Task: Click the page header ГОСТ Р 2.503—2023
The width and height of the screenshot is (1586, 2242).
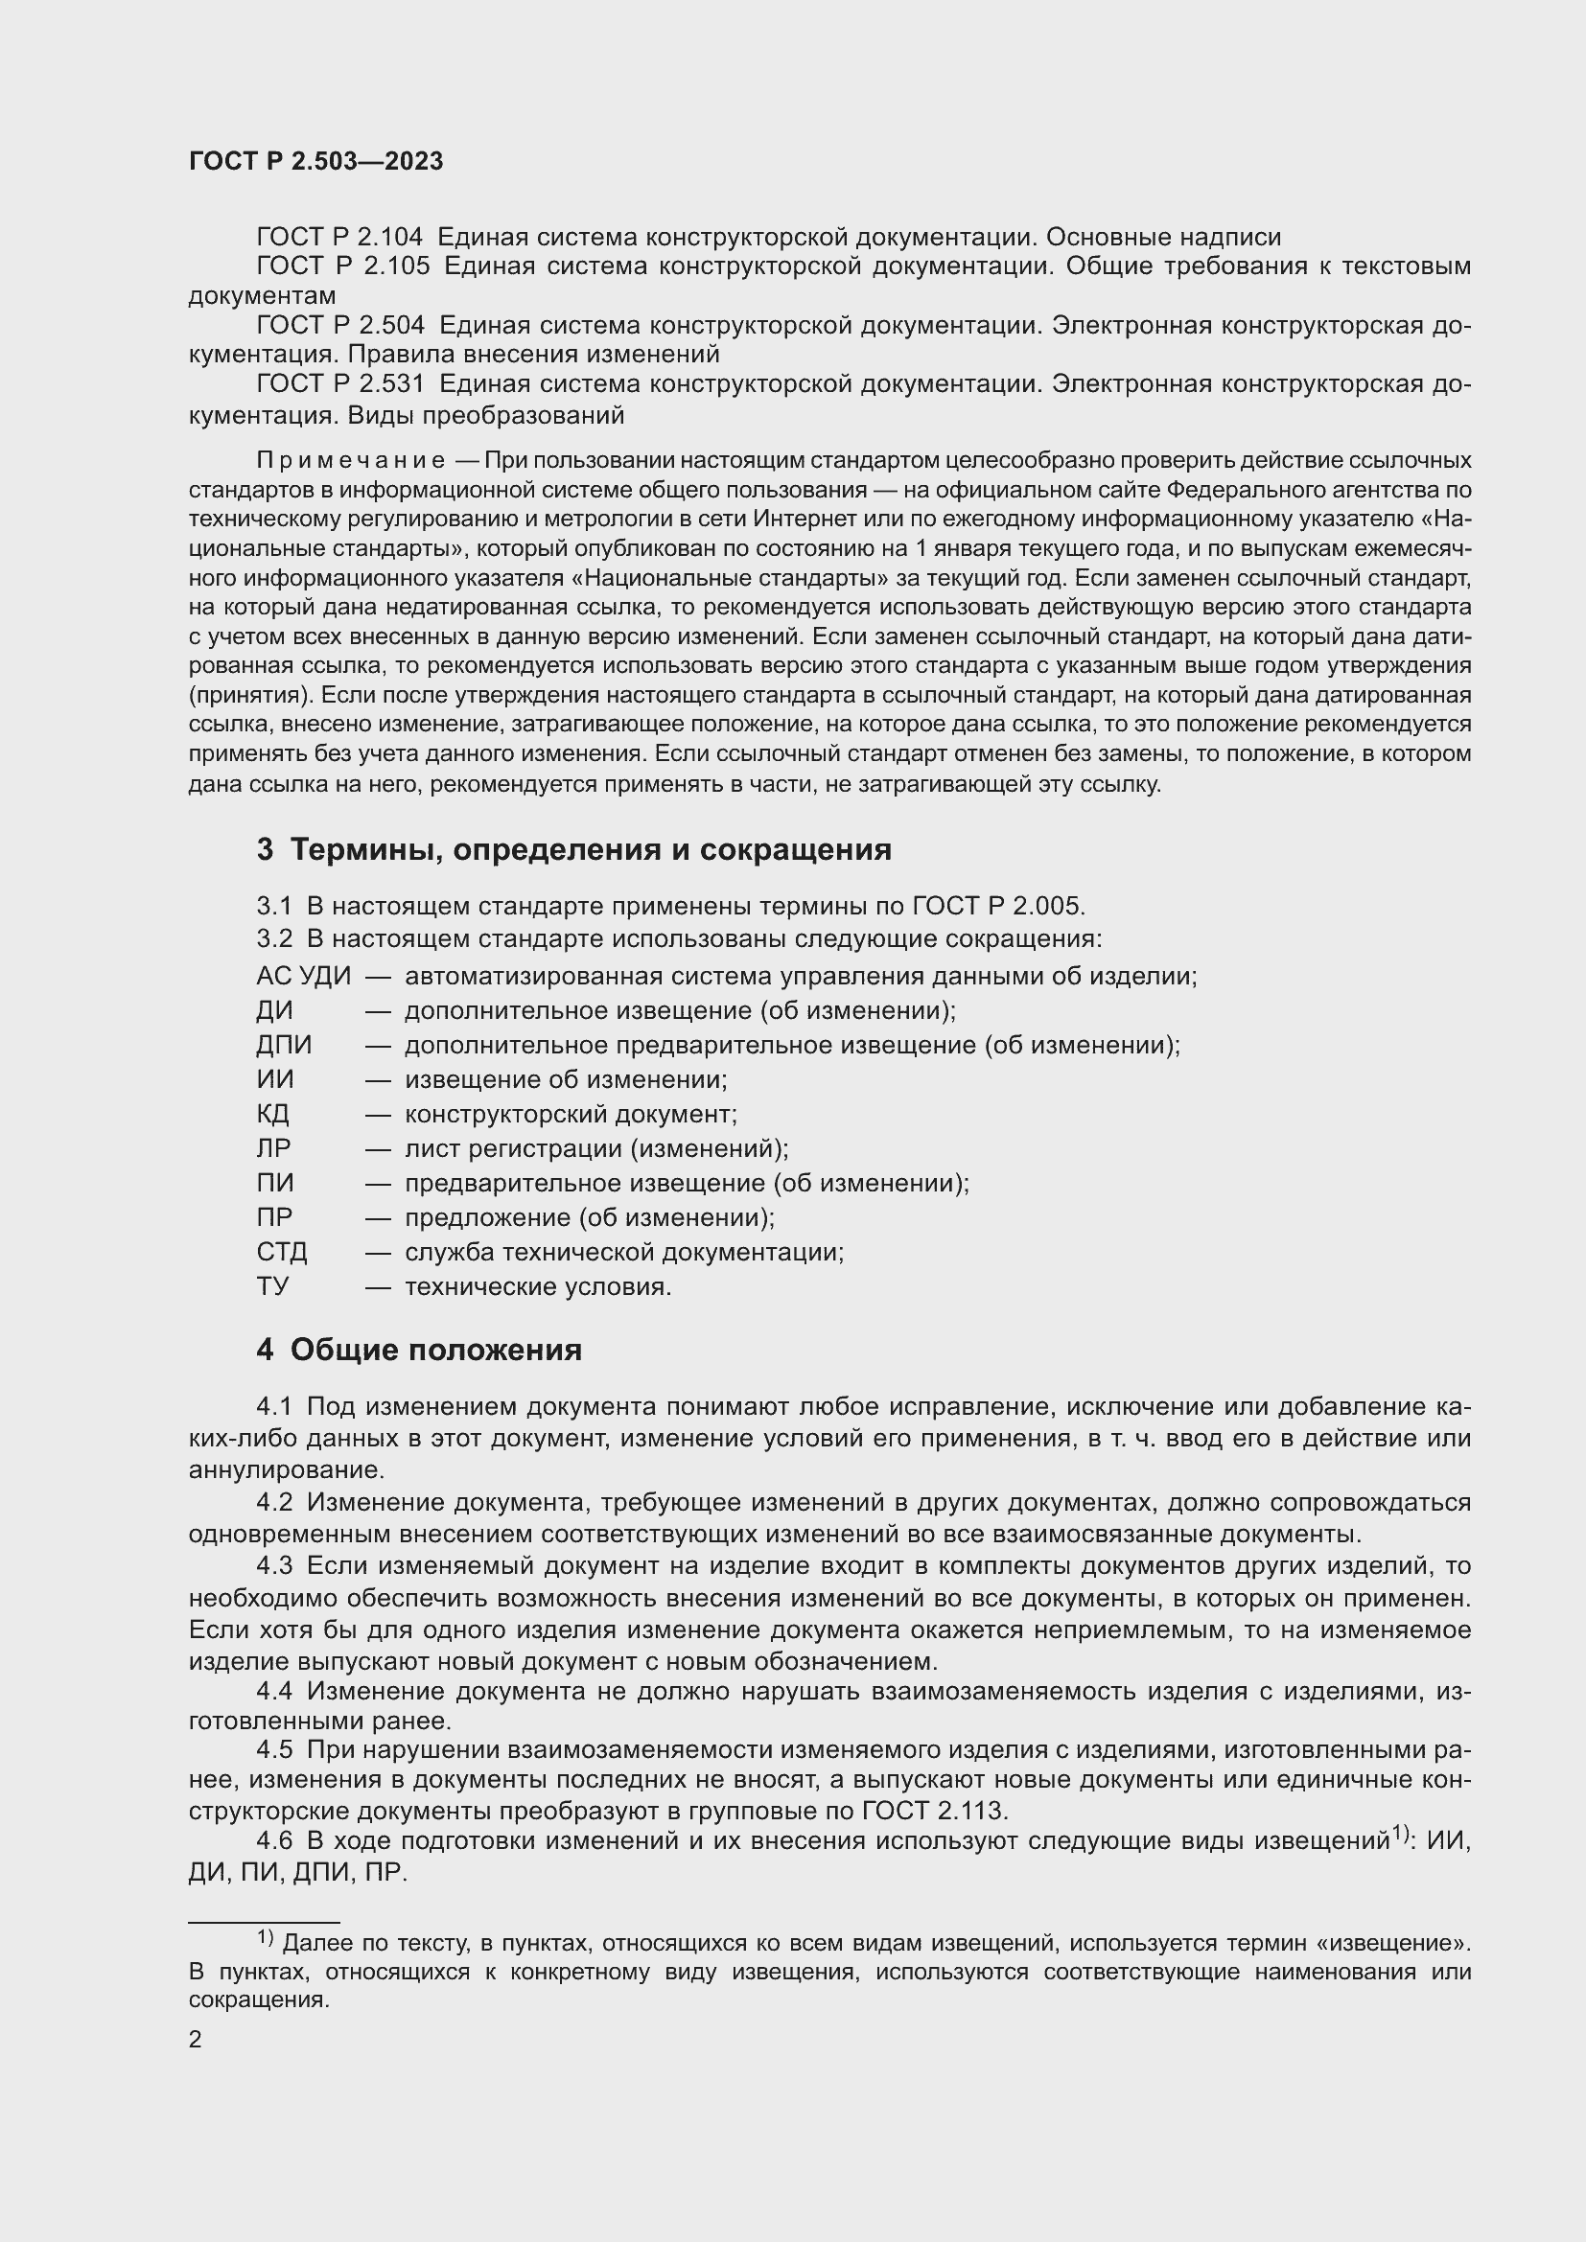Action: tap(315, 162)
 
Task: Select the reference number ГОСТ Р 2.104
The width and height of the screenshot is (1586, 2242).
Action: tap(338, 238)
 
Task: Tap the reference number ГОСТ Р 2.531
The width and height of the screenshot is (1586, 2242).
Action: tap(338, 384)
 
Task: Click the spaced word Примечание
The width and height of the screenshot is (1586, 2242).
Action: tap(351, 460)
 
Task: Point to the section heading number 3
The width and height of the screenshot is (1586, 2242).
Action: tap(265, 849)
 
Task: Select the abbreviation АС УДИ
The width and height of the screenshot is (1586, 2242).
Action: tap(303, 977)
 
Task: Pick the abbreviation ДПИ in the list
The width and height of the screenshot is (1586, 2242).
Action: tap(283, 1045)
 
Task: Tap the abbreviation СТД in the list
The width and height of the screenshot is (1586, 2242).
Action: tap(281, 1252)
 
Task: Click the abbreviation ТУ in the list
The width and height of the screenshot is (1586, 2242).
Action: tap(272, 1286)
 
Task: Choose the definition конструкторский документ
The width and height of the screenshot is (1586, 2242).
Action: tap(571, 1114)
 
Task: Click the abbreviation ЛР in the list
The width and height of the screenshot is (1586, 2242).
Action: tap(273, 1148)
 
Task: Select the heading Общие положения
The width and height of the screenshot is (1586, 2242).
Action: tap(435, 1351)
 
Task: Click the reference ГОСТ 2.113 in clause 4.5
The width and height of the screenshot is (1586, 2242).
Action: tap(934, 1812)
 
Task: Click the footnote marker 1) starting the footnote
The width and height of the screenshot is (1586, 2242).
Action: tap(266, 1936)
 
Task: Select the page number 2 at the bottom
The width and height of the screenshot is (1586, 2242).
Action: tap(196, 2040)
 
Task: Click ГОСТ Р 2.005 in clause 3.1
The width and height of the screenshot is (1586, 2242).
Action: tap(997, 906)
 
